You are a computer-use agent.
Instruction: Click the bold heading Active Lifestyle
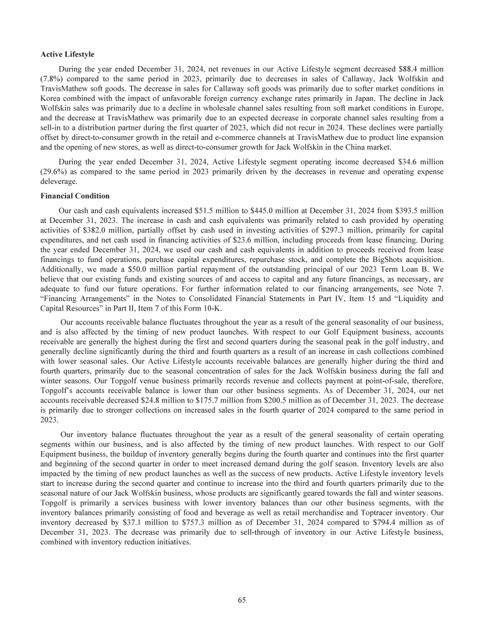point(65,54)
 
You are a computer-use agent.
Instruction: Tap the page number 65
point(242,600)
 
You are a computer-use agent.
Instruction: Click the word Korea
point(50,98)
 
